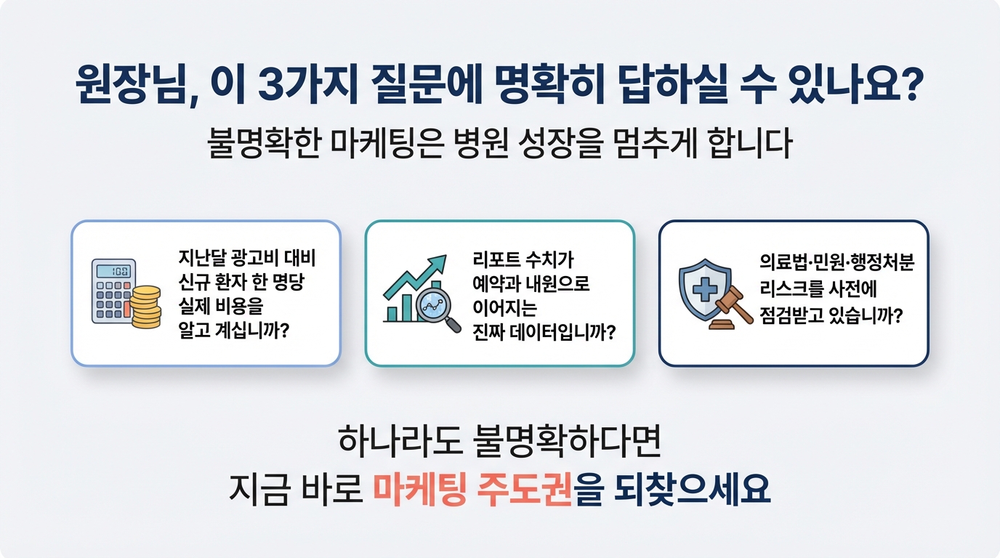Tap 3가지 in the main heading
point(308,85)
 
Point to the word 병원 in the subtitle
point(480,143)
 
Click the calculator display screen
point(114,271)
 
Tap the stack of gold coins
point(145,307)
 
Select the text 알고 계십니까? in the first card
point(234,331)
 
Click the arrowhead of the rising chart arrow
point(438,262)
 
